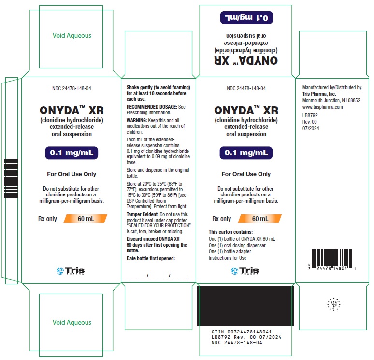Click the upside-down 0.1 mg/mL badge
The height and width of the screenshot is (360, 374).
246,18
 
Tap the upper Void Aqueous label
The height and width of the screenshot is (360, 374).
72,36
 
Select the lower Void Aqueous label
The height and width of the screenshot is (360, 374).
72,322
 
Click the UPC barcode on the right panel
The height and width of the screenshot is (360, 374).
332,259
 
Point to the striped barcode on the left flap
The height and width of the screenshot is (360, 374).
11,179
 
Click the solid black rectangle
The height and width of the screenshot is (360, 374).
245,306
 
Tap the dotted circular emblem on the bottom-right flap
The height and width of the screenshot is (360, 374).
334,304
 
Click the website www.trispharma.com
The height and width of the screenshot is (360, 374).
322,107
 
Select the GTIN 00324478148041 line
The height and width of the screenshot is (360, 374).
242,332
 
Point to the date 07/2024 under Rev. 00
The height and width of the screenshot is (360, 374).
311,128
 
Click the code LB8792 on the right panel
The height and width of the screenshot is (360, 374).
310,115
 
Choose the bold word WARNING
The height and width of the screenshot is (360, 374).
137,120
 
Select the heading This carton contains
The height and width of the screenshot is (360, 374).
230,232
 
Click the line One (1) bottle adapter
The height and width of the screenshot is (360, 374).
230,251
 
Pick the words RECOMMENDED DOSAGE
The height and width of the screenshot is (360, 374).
152,107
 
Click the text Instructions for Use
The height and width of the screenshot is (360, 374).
227,258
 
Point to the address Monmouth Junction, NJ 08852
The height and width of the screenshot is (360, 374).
331,100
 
